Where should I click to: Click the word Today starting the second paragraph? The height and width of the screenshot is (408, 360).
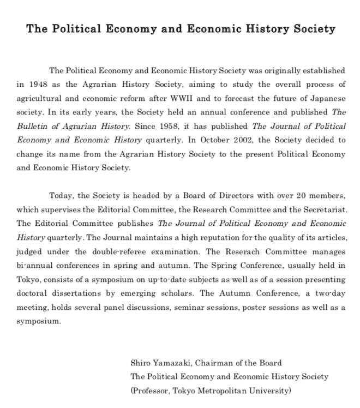(62, 195)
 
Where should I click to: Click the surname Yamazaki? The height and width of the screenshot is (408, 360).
(173, 363)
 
